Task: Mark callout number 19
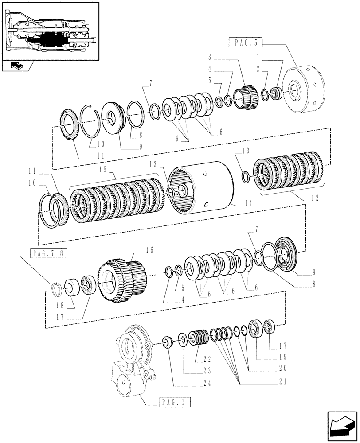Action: coord(284,357)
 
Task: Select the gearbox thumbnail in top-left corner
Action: coord(49,31)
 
